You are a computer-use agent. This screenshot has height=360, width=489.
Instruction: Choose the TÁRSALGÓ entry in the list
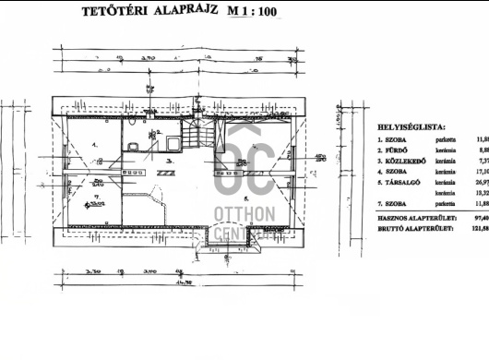[x=405, y=182]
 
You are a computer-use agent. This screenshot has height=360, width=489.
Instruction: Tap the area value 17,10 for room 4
[x=480, y=171]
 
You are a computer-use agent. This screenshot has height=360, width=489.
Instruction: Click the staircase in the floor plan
[x=197, y=139]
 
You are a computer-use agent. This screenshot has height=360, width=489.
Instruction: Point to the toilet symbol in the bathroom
[x=136, y=147]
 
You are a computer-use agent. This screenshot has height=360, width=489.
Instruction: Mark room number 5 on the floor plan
[x=246, y=197]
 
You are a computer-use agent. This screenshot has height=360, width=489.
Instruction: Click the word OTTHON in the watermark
[x=244, y=215]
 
